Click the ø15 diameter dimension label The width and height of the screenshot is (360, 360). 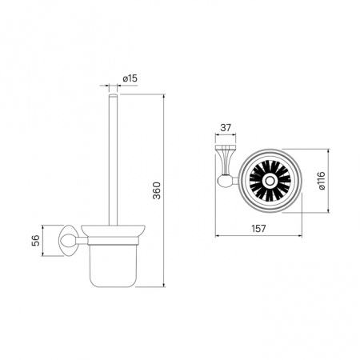pyautogui.click(x=130, y=78)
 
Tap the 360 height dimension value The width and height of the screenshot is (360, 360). pyautogui.click(x=157, y=190)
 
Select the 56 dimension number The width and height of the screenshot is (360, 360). pyautogui.click(x=36, y=240)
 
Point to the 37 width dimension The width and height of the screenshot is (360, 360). pyautogui.click(x=226, y=128)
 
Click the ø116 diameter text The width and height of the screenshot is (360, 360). pyautogui.click(x=322, y=181)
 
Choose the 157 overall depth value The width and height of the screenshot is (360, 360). pyautogui.click(x=258, y=229)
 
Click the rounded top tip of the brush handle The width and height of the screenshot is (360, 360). pyautogui.click(x=113, y=95)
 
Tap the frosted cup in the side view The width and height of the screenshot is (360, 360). pyautogui.click(x=113, y=266)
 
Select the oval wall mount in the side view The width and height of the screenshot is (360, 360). pyautogui.click(x=67, y=241)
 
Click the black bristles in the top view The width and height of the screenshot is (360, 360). pyautogui.click(x=270, y=181)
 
